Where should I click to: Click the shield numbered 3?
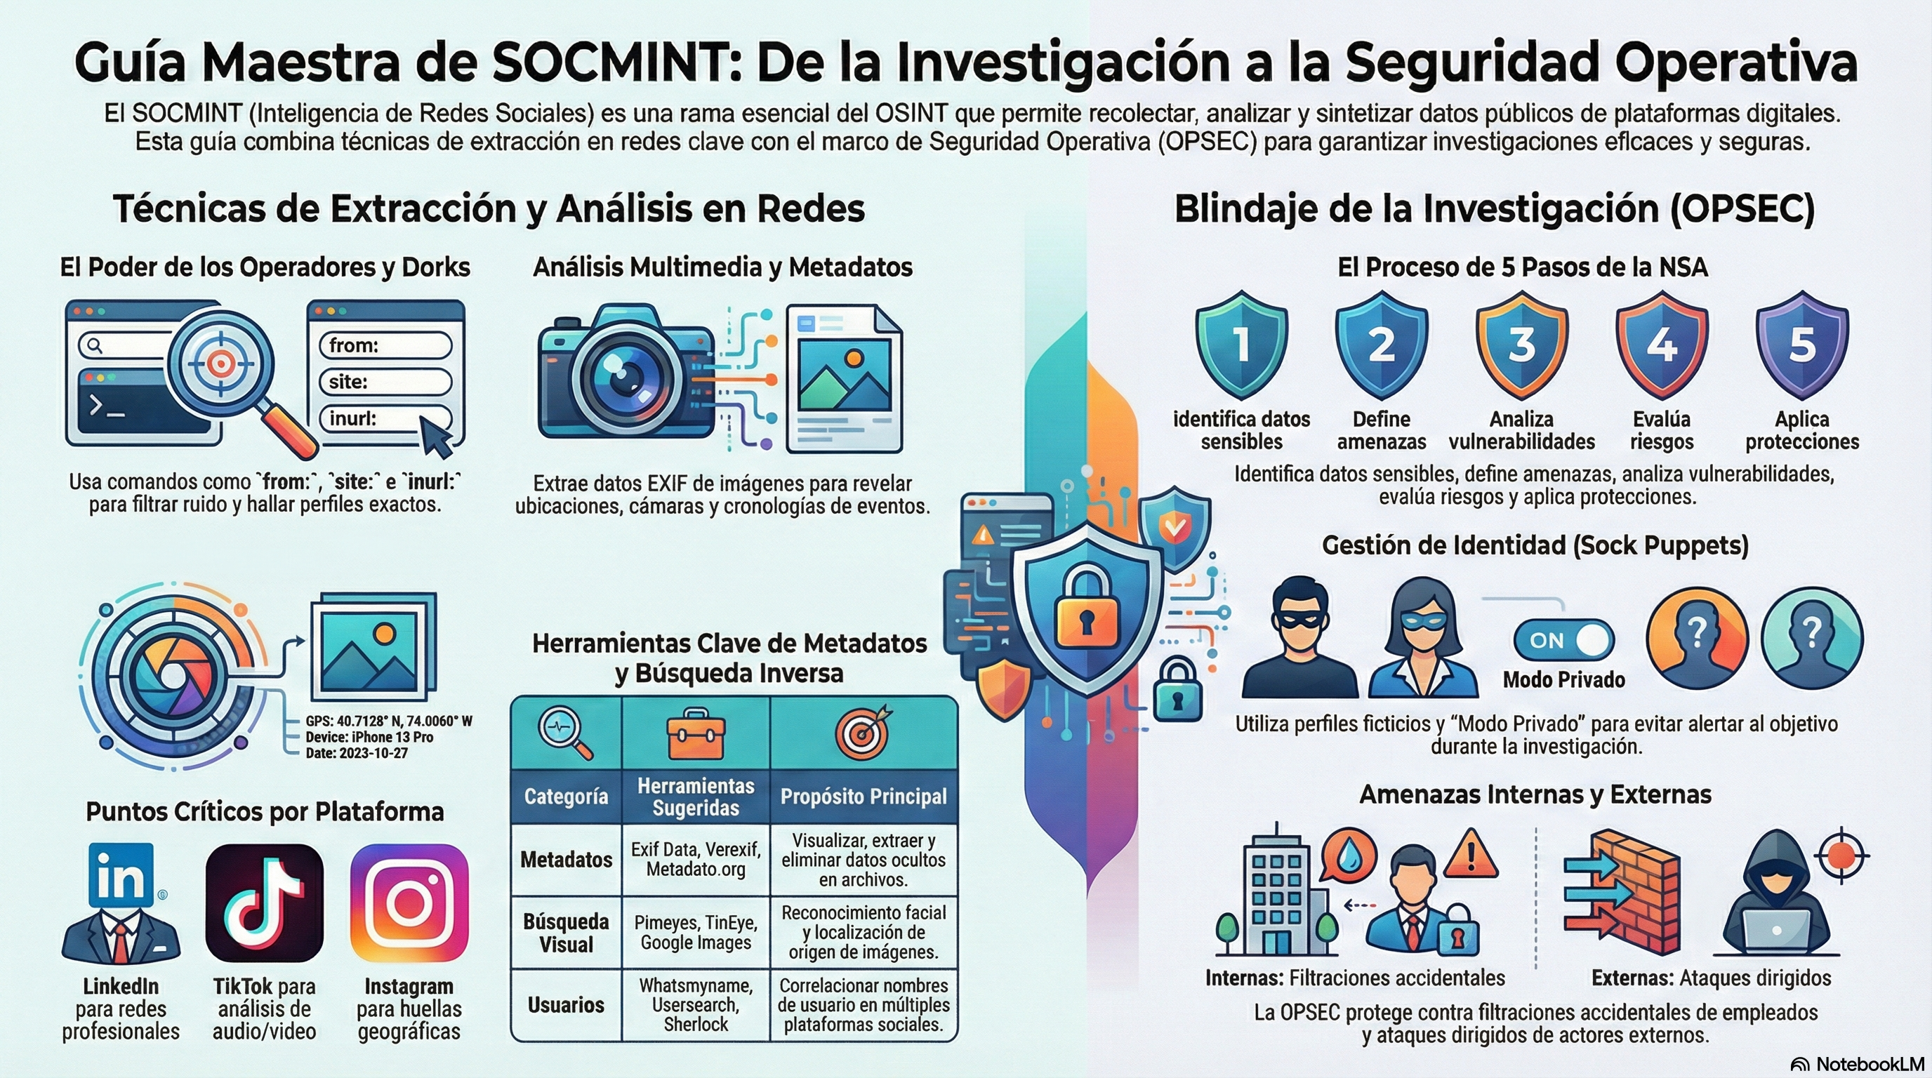(x=1521, y=345)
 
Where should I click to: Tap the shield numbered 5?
(x=1801, y=345)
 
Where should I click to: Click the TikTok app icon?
(x=264, y=903)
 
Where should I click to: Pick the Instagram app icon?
(x=409, y=903)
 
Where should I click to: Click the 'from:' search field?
(x=385, y=345)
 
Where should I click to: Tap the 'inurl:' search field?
(x=385, y=418)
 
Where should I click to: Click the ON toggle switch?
(x=1563, y=640)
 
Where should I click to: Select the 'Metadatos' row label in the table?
(x=567, y=860)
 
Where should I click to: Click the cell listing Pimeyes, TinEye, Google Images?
(x=695, y=933)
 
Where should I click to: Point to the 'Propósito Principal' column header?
(x=864, y=796)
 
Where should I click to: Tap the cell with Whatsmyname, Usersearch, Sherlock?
(x=695, y=1004)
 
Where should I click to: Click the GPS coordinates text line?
(x=388, y=721)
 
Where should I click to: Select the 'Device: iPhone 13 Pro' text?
(x=369, y=737)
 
